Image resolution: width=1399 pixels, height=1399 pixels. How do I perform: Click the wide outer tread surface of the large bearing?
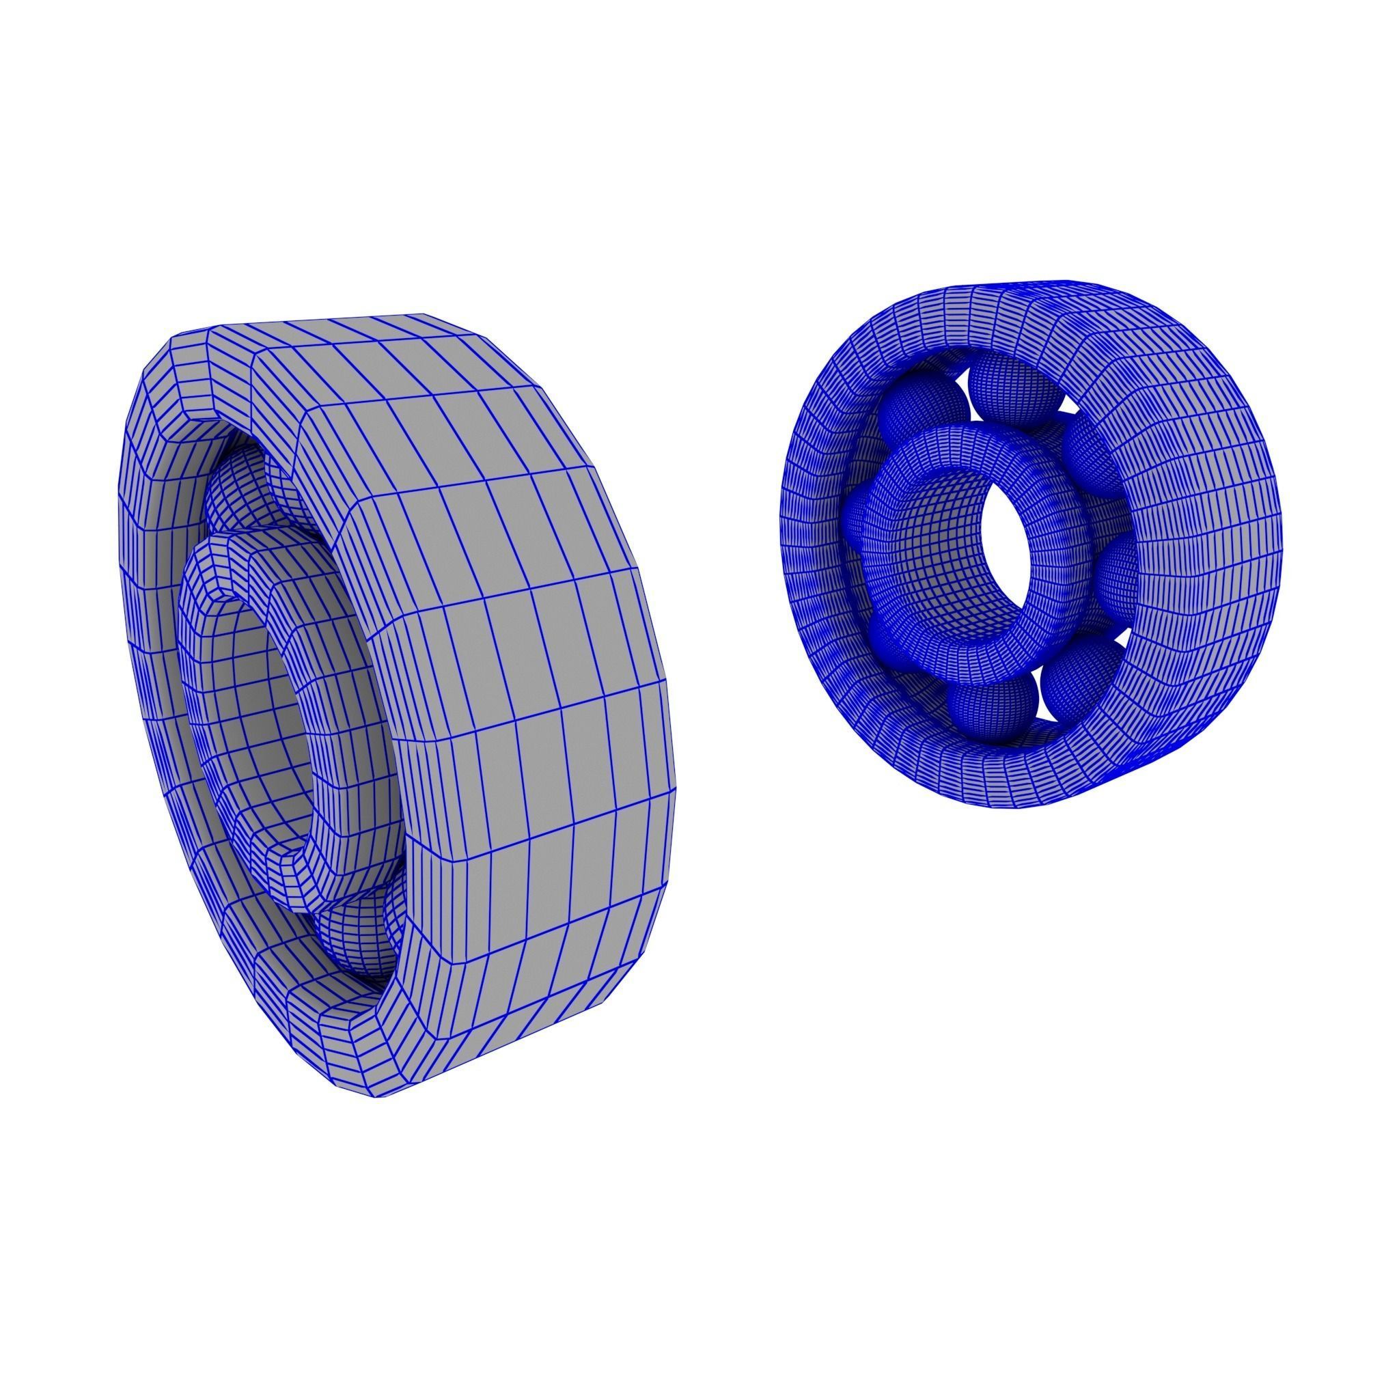pos(507,652)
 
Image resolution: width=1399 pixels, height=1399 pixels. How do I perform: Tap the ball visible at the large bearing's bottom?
pos(355,941)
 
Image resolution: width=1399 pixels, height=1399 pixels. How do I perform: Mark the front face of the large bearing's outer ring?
pos(152,652)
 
